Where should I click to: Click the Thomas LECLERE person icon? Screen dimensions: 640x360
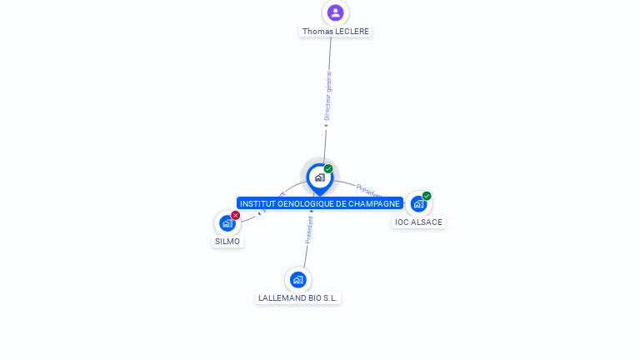pos(335,12)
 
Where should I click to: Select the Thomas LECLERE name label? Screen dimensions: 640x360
pos(336,32)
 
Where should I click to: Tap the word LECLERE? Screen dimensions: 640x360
pos(352,32)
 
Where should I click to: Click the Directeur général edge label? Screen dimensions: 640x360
pos(327,97)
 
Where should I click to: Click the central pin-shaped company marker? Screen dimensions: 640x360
pos(319,177)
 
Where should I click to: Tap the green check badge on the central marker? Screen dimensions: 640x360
pos(328,169)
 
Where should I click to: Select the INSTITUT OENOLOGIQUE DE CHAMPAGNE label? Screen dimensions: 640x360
pos(320,203)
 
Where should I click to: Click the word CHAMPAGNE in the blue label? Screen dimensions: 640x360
pos(372,203)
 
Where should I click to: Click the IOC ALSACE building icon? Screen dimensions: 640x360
pos(418,203)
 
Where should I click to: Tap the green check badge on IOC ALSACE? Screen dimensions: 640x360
pos(427,196)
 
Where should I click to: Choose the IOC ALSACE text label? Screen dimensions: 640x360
pos(418,222)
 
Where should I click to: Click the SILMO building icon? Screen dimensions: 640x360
pos(227,223)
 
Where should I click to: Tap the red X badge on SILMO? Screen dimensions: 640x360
pos(235,215)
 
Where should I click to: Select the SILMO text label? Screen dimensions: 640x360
pos(227,242)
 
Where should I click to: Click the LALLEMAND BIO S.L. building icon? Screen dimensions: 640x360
pos(298,279)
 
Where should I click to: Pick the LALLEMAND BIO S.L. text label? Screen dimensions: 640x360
pos(299,298)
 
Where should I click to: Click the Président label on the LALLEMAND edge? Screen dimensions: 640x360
pos(309,230)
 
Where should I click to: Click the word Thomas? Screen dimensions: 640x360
pos(317,32)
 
